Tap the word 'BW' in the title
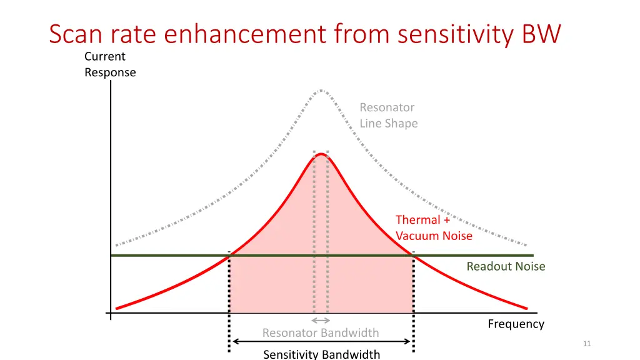click(541, 34)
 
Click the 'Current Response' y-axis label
click(109, 64)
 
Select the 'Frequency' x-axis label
click(516, 324)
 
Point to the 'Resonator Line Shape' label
click(388, 116)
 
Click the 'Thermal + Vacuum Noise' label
click(434, 227)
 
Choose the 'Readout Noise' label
click(506, 266)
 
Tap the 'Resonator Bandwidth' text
click(320, 332)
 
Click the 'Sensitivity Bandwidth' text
click(321, 354)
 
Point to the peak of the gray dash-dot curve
click(321, 90)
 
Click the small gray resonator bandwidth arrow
click(321, 321)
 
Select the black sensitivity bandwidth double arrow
click(321, 341)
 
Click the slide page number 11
click(586, 344)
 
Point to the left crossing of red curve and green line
click(229, 255)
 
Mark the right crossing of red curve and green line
click(413, 255)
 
